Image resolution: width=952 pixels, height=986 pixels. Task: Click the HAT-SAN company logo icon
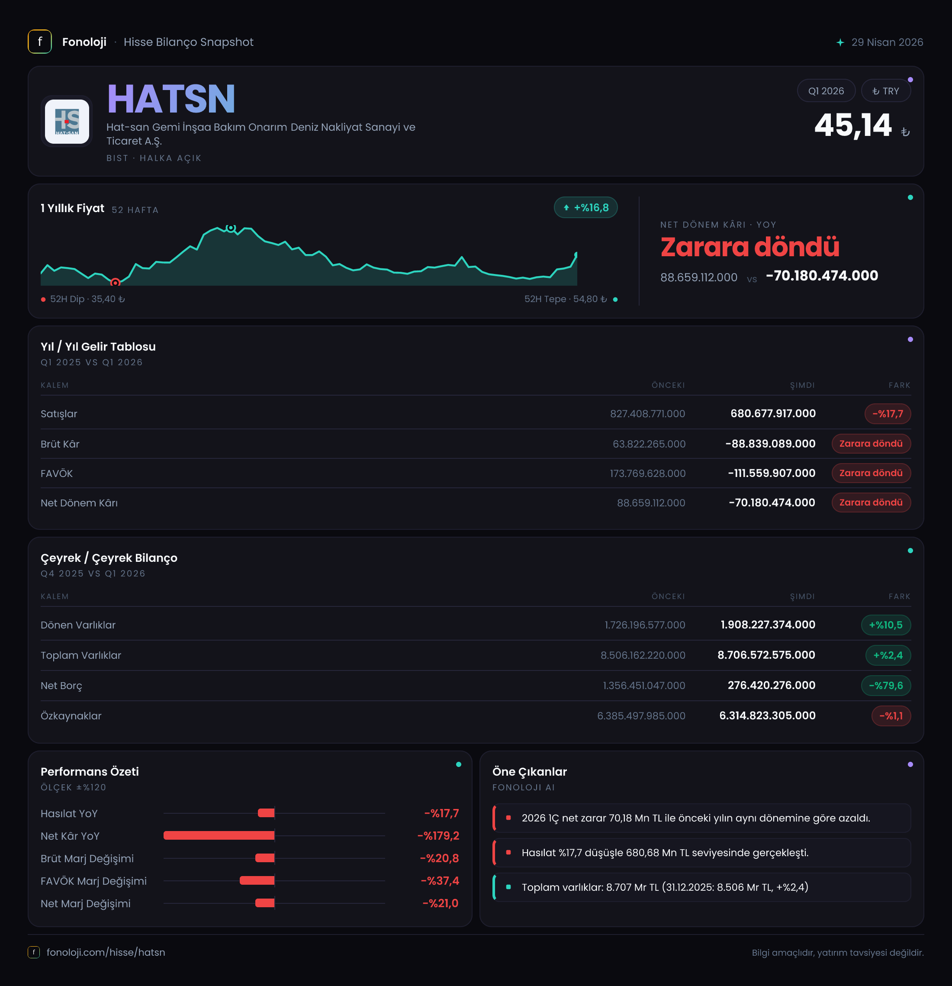(67, 121)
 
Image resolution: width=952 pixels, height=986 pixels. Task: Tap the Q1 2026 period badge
(826, 91)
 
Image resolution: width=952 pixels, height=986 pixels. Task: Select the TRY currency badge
(886, 91)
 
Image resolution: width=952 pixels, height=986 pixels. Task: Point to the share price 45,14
(853, 125)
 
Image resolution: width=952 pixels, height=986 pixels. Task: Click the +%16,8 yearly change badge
(585, 207)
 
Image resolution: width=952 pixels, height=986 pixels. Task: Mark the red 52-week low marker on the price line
(115, 283)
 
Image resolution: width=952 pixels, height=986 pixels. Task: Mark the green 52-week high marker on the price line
(231, 228)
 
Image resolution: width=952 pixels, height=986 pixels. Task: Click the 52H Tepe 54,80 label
(566, 299)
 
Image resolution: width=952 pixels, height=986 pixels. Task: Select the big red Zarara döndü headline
(750, 247)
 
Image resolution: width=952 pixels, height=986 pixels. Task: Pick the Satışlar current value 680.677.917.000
(773, 413)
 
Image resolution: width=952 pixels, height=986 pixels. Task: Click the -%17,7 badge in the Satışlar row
(888, 413)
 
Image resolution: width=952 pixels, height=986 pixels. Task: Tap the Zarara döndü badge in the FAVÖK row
(871, 473)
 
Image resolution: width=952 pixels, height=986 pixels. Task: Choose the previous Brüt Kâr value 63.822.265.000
(649, 444)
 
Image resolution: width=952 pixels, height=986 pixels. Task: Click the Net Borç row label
(61, 685)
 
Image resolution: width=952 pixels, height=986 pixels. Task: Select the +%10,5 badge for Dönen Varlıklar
(886, 625)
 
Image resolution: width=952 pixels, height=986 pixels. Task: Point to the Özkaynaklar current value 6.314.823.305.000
(767, 715)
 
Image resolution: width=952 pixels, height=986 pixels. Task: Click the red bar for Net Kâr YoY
(219, 835)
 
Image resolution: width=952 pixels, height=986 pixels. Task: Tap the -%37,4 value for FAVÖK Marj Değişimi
(440, 880)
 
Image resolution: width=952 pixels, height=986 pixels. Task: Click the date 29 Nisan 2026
(887, 42)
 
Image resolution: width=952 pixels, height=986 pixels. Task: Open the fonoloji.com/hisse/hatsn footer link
(106, 952)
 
